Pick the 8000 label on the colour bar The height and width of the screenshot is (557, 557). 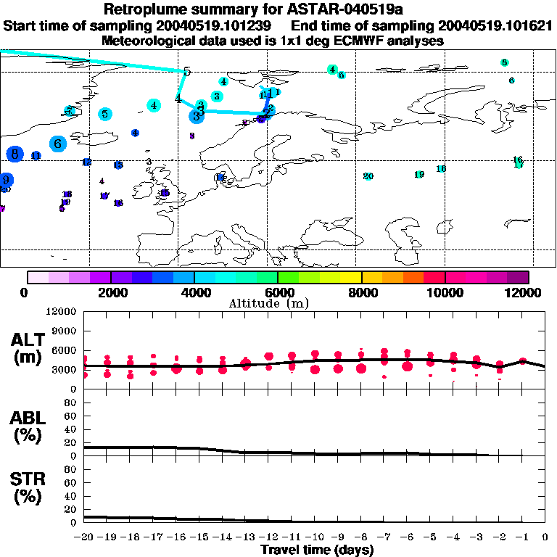[x=361, y=292]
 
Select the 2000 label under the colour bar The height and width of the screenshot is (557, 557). [x=110, y=292]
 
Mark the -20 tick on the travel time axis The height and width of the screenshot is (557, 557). [x=84, y=537]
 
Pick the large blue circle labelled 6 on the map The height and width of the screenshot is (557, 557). [x=58, y=144]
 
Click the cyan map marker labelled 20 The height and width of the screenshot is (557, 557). [x=368, y=176]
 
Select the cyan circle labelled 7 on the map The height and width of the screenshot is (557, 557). [x=70, y=111]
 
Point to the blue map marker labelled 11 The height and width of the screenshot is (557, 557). [x=36, y=156]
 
